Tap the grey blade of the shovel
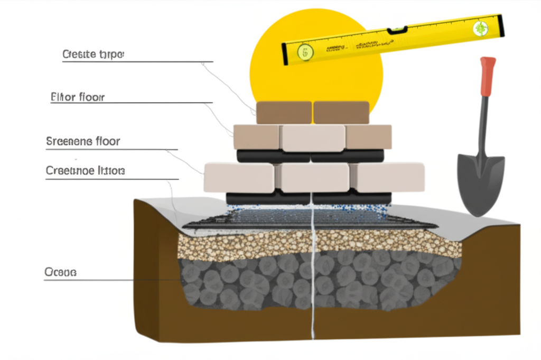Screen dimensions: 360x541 pyautogui.click(x=480, y=182)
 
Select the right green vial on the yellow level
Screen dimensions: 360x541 pyautogui.click(x=481, y=29)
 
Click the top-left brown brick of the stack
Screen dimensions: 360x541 pyautogui.click(x=284, y=113)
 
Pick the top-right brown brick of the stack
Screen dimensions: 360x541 pyautogui.click(x=341, y=113)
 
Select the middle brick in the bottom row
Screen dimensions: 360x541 pyautogui.click(x=314, y=178)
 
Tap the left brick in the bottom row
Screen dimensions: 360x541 pyautogui.click(x=238, y=177)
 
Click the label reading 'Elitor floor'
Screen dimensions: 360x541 pyautogui.click(x=78, y=97)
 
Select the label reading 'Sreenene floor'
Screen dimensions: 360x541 pyautogui.click(x=83, y=141)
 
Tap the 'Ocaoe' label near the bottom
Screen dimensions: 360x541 pyautogui.click(x=61, y=272)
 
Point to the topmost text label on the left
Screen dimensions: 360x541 pyautogui.click(x=92, y=54)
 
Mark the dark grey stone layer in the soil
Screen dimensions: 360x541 pyautogui.click(x=317, y=283)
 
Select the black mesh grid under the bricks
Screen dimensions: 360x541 pyautogui.click(x=312, y=218)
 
